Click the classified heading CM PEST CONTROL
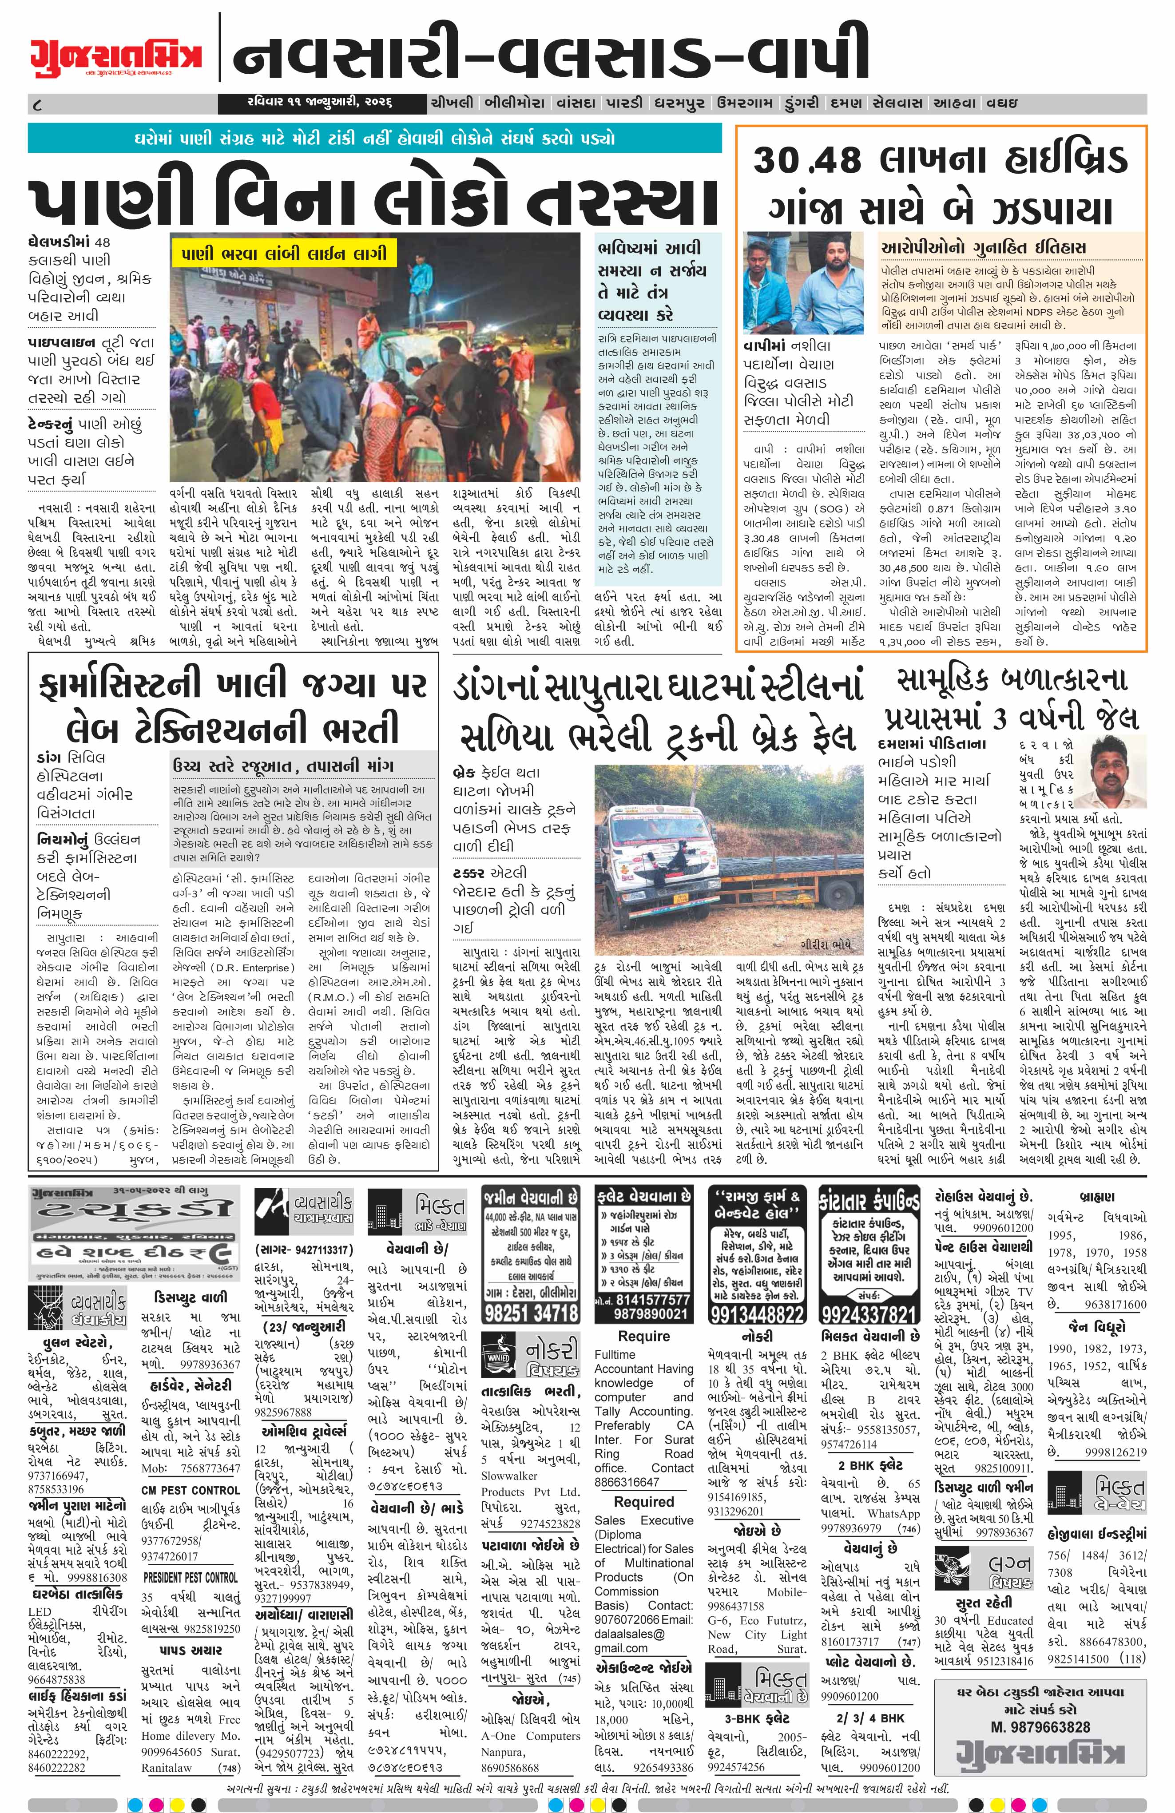point(191,1489)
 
